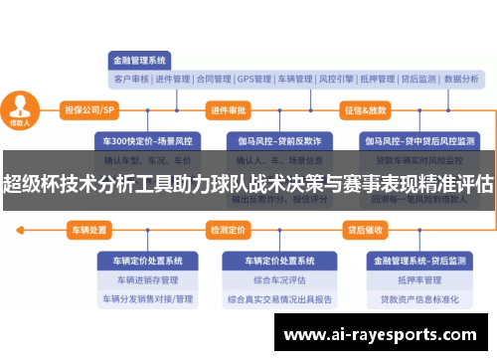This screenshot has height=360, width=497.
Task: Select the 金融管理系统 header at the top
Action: tap(140, 59)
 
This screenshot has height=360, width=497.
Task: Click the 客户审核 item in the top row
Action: tap(131, 79)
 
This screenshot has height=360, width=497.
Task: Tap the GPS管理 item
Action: tap(254, 79)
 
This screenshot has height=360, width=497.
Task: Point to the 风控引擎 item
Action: tap(337, 79)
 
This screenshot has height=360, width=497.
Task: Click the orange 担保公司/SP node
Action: tap(89, 109)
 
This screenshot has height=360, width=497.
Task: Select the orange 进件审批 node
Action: tap(228, 109)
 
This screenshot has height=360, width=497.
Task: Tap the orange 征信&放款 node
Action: tap(365, 109)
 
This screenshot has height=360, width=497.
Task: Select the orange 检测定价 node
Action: tap(228, 230)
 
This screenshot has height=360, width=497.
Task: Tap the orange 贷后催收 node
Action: tap(365, 230)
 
